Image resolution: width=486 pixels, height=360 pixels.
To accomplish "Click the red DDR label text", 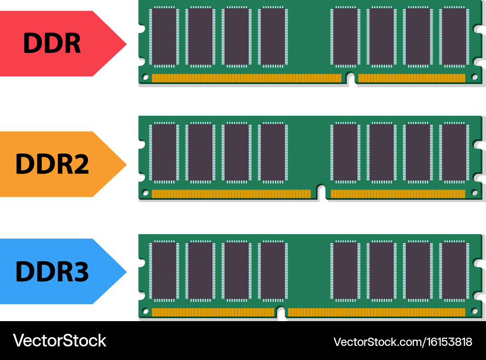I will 52,44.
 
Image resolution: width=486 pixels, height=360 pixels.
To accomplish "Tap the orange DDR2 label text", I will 52,164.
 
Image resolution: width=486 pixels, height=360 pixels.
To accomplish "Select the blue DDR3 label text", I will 52,272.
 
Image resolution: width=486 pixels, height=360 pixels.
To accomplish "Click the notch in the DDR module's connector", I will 350,78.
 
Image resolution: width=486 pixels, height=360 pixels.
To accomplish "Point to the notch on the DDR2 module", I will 321,193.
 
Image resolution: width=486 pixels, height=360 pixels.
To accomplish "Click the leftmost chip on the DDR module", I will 164,37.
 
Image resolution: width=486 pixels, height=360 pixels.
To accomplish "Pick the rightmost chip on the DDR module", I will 454,37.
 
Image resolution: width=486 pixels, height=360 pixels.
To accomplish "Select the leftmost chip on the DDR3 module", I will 164,271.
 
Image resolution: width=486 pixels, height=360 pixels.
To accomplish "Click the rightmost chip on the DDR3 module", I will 454,271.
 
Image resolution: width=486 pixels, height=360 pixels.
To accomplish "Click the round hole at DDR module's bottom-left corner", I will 145,77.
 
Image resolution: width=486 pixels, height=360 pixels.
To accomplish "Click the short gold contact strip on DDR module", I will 411,78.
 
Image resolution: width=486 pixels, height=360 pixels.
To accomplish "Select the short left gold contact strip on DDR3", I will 213,312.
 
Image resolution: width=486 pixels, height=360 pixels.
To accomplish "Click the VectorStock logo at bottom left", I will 59,341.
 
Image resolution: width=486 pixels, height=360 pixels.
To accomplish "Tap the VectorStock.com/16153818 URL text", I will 402,342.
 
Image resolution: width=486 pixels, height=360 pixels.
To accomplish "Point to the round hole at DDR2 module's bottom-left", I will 145,193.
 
